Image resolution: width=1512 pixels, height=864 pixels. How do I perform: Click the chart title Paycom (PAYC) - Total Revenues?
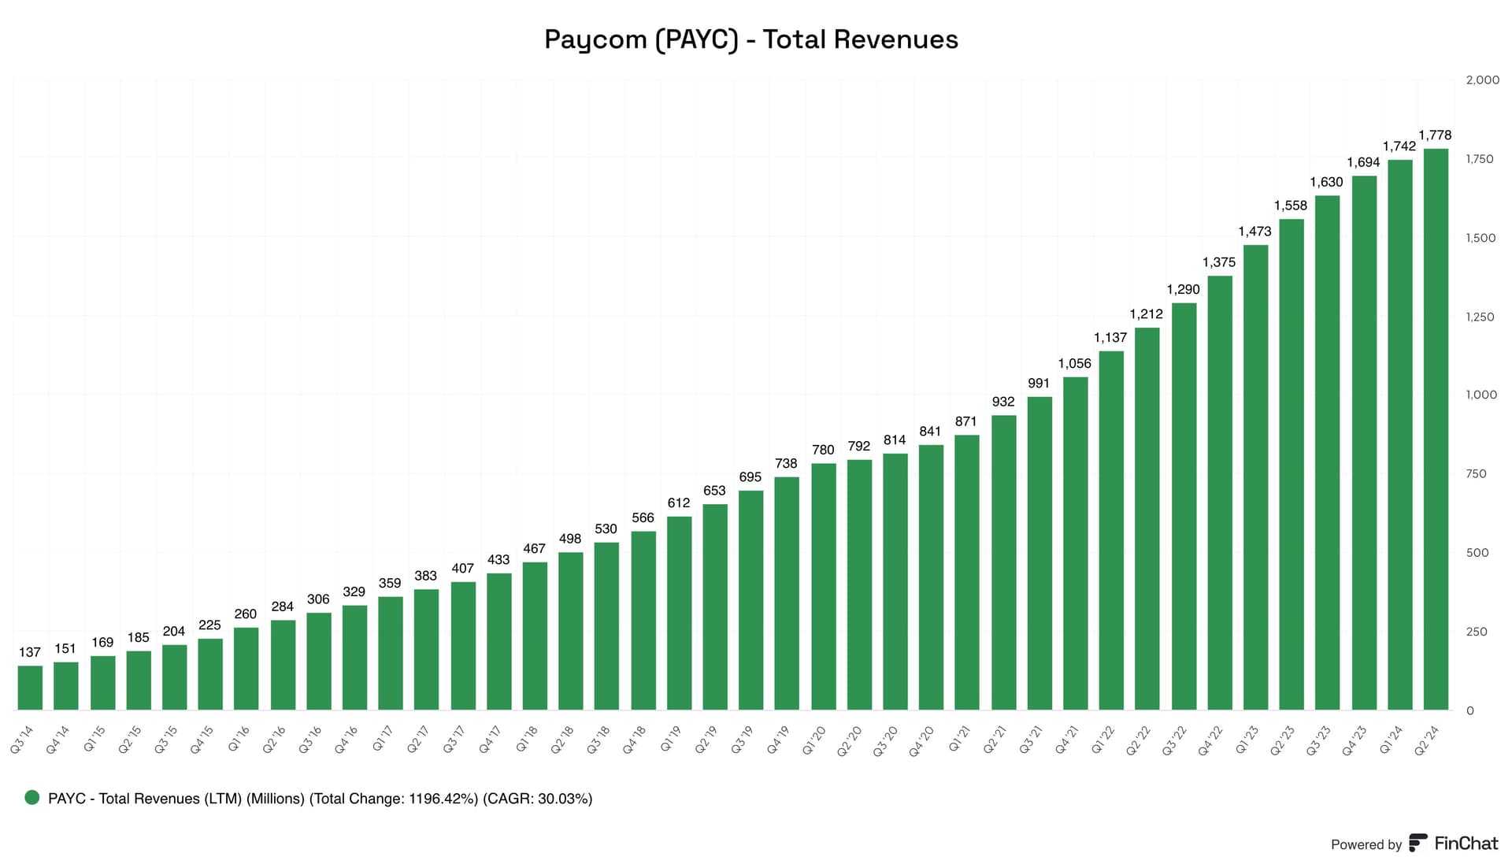[x=750, y=39]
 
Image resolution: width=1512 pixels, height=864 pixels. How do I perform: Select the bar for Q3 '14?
[x=30, y=688]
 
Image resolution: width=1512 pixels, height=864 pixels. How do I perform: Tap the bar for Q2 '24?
[x=1435, y=429]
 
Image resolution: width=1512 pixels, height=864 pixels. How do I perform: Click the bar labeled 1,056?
[x=1075, y=543]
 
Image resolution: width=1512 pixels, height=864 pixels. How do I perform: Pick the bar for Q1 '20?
[x=823, y=587]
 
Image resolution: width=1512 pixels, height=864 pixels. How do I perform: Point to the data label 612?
[x=678, y=502]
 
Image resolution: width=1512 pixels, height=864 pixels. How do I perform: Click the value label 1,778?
[x=1434, y=135]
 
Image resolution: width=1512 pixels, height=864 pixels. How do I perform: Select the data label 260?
[x=245, y=614]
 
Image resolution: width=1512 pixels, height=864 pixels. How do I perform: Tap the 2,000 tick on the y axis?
[x=1482, y=80]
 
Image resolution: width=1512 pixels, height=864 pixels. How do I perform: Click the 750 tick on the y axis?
[x=1476, y=474]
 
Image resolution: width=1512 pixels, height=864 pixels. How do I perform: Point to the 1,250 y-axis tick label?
[x=1479, y=317]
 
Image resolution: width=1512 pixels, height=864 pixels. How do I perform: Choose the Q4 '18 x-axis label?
[x=634, y=740]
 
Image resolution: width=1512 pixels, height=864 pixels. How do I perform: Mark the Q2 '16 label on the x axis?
[x=274, y=740]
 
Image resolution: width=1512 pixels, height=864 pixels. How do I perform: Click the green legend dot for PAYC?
[x=32, y=798]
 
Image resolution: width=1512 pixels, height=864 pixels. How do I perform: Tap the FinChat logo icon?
[x=1417, y=843]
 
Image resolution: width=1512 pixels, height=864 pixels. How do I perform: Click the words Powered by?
[x=1366, y=844]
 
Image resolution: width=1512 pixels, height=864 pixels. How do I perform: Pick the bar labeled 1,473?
[x=1255, y=477]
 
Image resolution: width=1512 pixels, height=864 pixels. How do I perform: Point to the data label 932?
[x=1002, y=402]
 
